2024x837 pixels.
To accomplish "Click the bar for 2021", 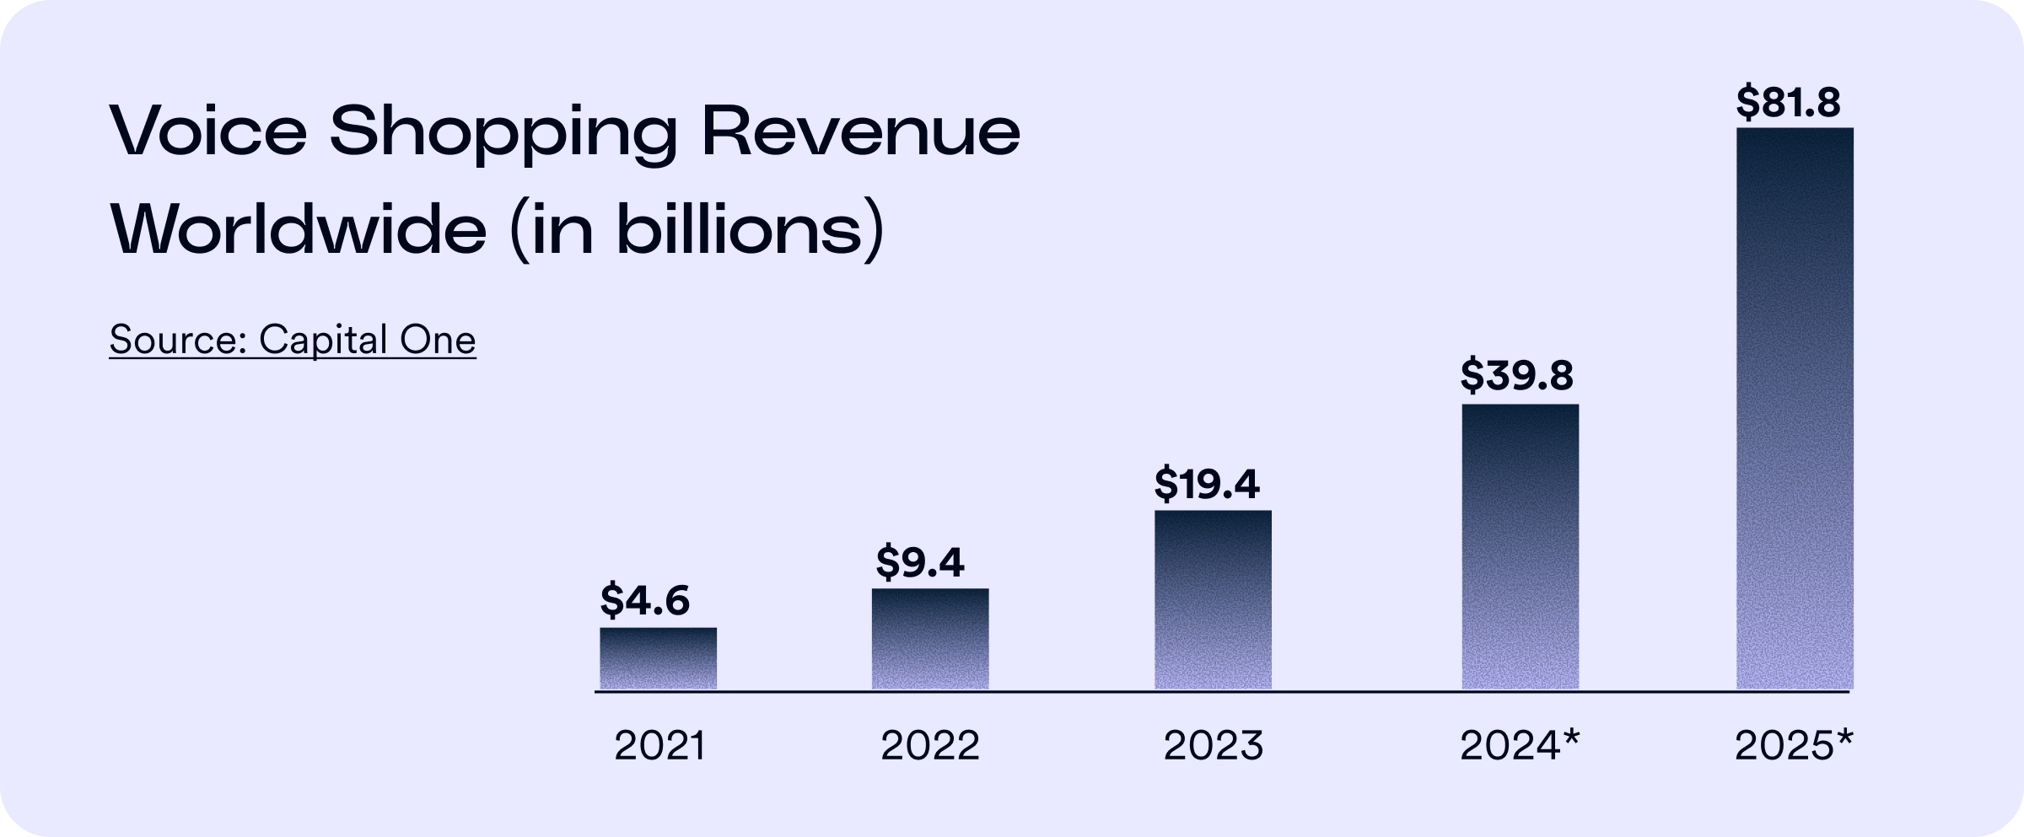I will [658, 658].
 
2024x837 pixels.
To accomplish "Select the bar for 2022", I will [929, 639].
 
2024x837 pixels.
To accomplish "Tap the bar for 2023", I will [1213, 599].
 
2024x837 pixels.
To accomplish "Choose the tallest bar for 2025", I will [1795, 408].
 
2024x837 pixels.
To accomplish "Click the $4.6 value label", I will [644, 600].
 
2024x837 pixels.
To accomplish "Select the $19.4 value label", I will [1206, 484].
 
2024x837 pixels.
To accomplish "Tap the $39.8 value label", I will [1516, 375].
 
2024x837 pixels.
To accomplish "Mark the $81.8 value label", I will [1788, 104].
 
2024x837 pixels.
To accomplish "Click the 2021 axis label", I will [659, 746].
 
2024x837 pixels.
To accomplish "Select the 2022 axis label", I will [930, 746].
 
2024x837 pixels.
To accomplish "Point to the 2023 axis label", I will [1214, 746].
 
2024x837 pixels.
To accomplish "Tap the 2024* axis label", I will [1518, 746].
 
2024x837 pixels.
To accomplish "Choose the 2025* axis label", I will [1793, 746].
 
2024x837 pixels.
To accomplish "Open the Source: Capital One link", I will [292, 341].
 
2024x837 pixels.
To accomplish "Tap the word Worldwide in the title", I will [299, 230].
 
